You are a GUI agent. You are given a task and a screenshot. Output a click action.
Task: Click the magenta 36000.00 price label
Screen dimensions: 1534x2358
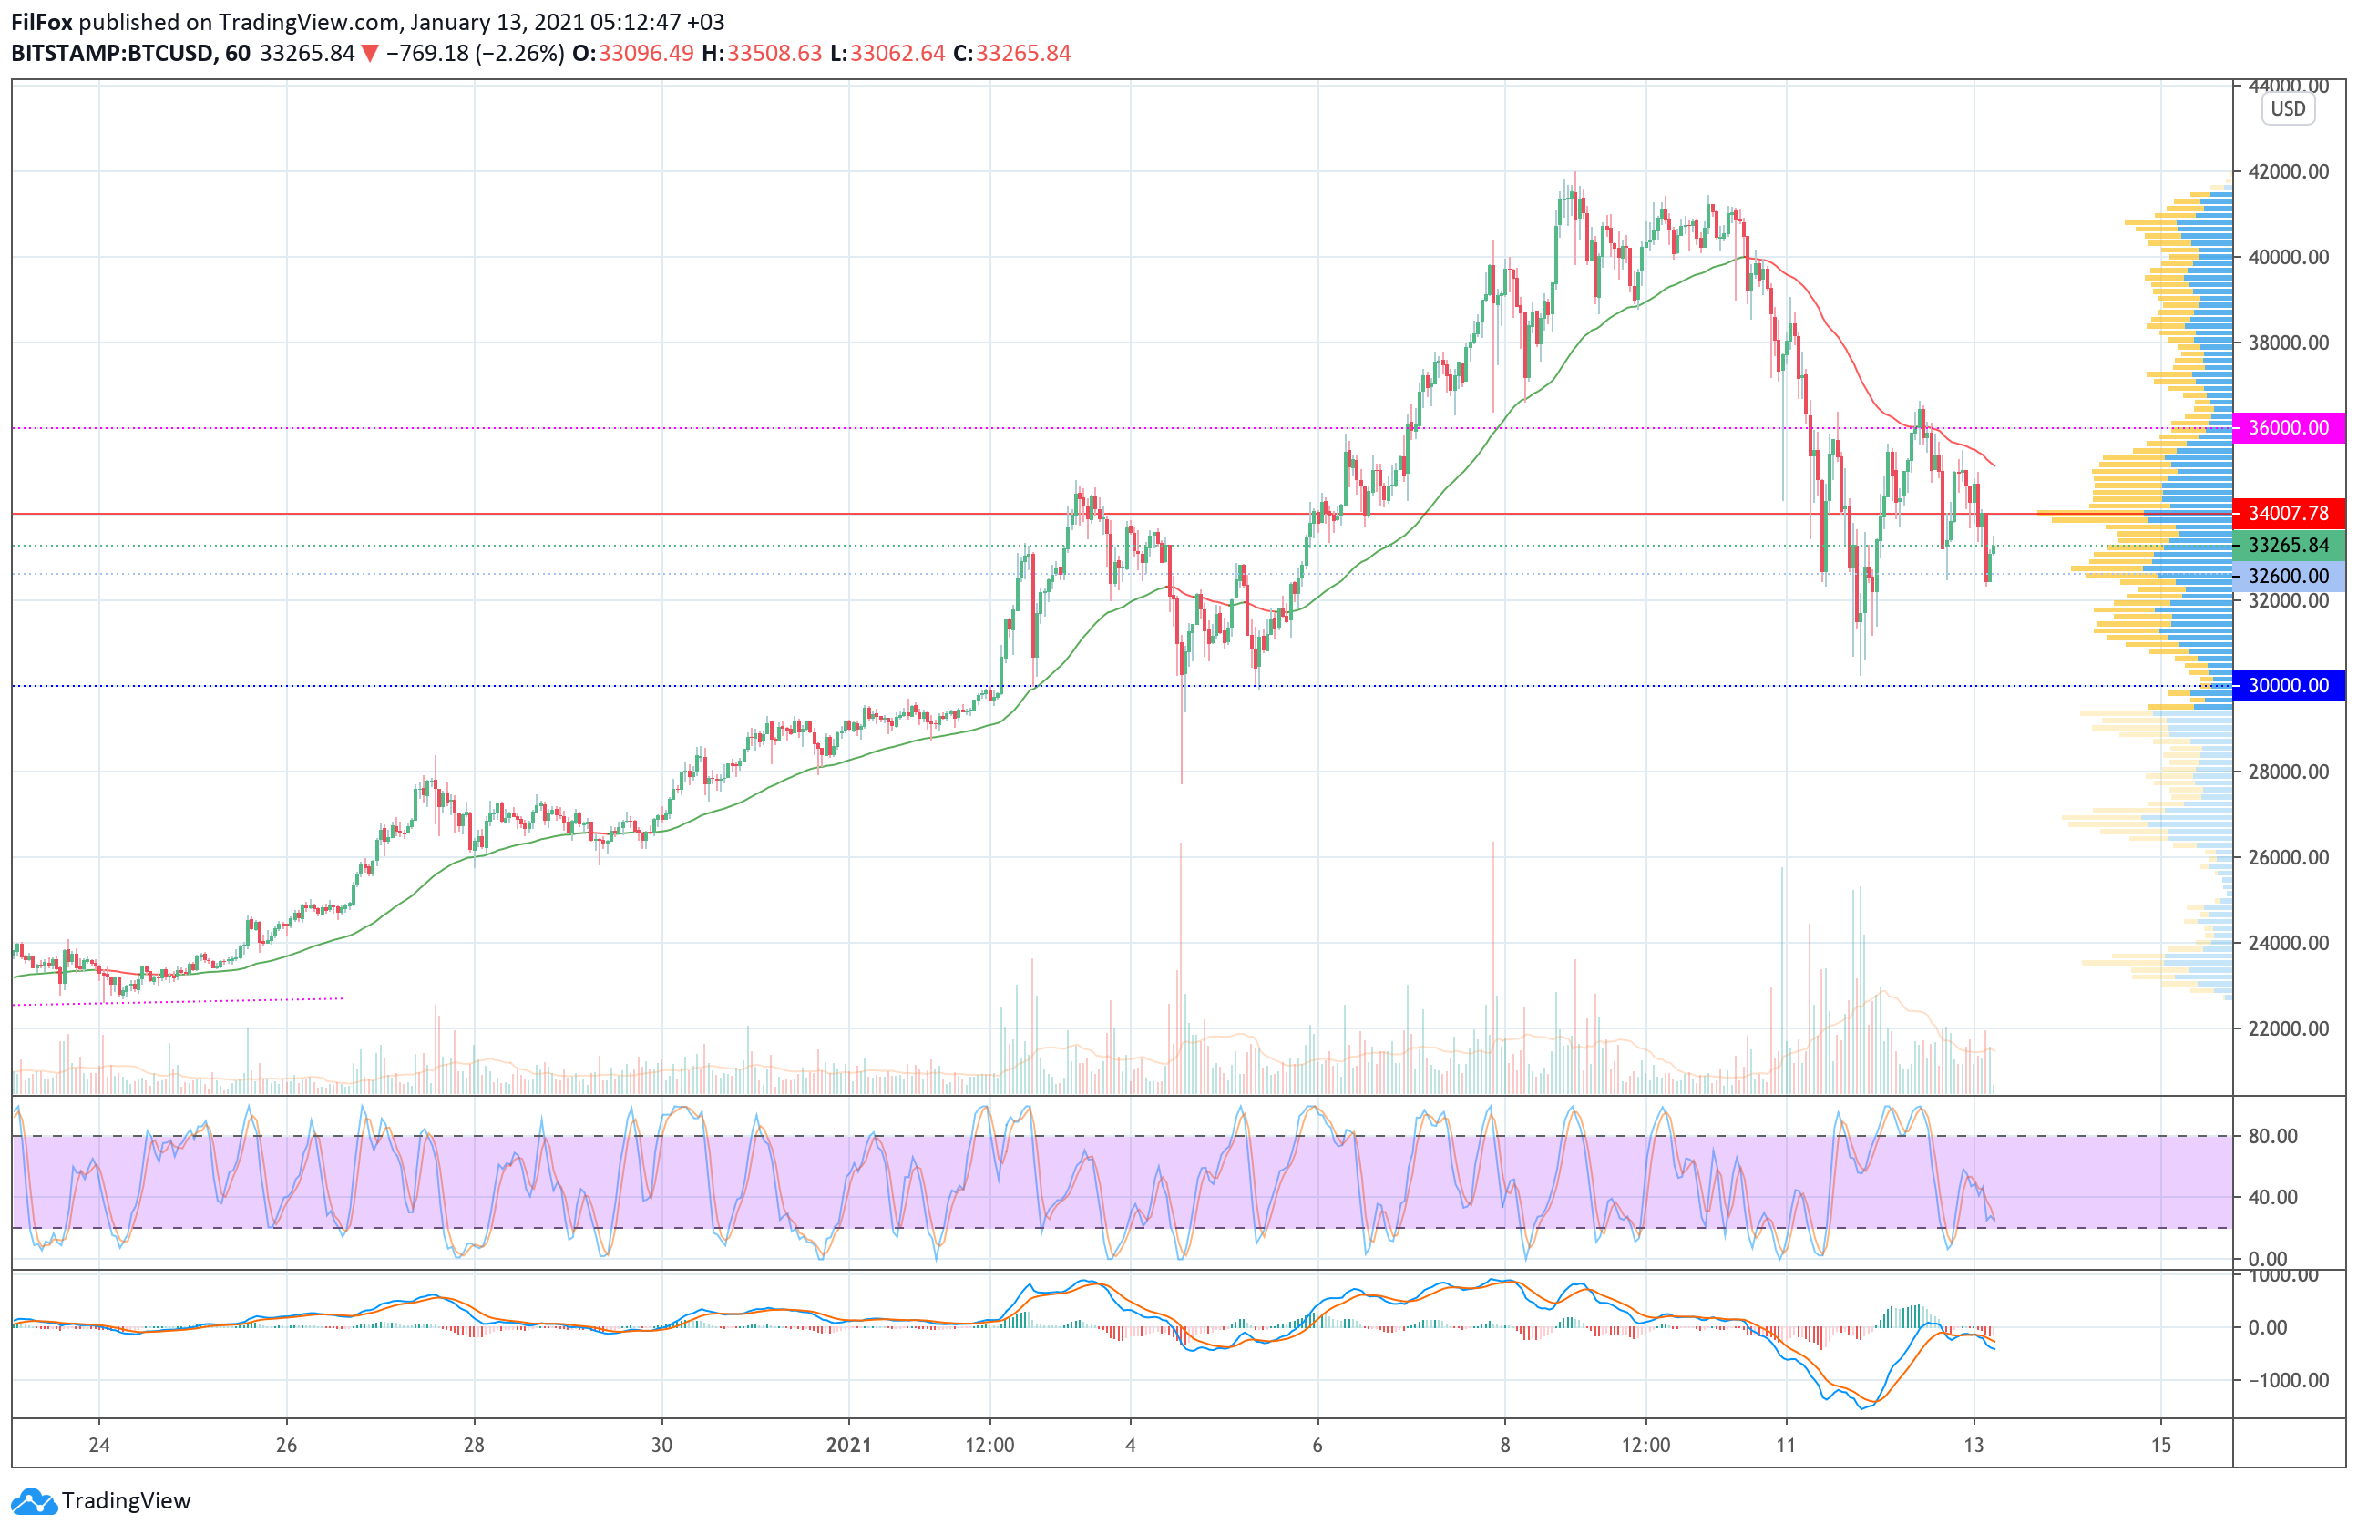(2289, 428)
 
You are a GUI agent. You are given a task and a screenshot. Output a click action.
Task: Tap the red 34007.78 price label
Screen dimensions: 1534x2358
(2289, 513)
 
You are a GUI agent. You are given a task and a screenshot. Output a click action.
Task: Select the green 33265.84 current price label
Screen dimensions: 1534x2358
(2289, 546)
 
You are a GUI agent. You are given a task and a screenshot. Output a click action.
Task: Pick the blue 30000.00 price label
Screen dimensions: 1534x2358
(2289, 685)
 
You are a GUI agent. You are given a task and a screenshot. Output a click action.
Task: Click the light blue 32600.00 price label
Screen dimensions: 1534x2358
(2289, 576)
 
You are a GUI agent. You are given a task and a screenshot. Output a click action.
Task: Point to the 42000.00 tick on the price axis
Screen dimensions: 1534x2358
(2289, 171)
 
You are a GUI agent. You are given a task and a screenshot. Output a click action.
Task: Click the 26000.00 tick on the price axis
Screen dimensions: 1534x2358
(2289, 856)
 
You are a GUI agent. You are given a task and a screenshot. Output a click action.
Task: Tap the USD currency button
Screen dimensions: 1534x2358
(2288, 109)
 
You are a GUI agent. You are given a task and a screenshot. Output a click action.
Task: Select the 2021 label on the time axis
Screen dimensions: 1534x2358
(848, 1445)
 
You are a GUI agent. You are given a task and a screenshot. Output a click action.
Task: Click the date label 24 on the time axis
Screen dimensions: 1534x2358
(99, 1445)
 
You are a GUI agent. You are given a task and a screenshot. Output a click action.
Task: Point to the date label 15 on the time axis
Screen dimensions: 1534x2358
(2161, 1445)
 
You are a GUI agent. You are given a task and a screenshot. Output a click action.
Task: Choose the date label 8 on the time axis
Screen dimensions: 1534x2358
(1504, 1445)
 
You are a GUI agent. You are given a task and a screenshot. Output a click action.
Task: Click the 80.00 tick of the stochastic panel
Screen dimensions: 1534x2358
(2272, 1136)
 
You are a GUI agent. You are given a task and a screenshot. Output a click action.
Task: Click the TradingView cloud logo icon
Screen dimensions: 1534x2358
(35, 1501)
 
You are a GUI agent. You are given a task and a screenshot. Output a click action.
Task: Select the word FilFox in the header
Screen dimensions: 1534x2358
(42, 22)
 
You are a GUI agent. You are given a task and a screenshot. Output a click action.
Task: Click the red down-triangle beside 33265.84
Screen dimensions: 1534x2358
(370, 54)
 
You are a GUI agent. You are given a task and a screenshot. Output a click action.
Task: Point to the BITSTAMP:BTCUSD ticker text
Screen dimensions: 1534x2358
(112, 54)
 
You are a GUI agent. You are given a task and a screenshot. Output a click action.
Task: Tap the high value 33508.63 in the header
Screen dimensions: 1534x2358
(774, 54)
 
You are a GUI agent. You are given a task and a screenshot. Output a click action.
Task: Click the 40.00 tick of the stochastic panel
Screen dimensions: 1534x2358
(2272, 1197)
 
